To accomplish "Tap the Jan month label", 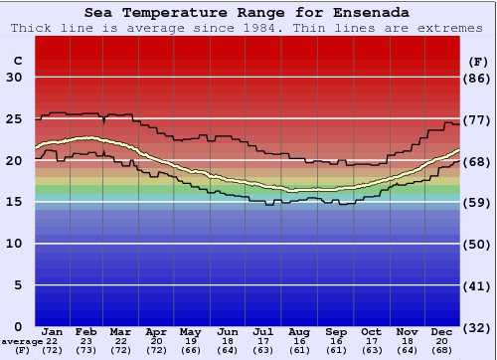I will coord(53,331).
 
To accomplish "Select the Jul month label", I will coord(263,331).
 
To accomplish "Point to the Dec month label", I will coord(442,331).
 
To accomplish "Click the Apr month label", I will coord(156,331).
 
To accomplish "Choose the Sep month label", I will coord(337,331).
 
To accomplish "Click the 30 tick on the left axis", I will coord(14,78).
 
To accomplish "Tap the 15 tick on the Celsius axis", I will coord(14,202).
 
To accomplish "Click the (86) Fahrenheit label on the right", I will coord(478,78).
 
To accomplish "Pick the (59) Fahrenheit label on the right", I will coord(478,202).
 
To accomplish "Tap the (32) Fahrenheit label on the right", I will coord(478,327).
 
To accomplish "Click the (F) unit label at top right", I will coord(478,61).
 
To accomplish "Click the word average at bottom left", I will coord(21,341).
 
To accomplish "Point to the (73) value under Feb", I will coord(86,351).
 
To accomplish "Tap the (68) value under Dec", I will coord(442,351).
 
